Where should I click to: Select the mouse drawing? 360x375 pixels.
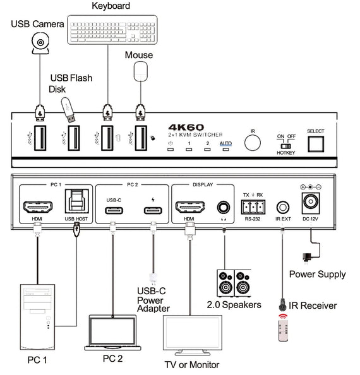139,71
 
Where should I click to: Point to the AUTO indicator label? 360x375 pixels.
225,143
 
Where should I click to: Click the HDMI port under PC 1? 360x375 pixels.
37,207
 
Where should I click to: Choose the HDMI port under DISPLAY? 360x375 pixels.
188,207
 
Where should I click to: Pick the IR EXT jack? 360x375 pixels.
282,206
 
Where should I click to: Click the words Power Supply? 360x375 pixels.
317,275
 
